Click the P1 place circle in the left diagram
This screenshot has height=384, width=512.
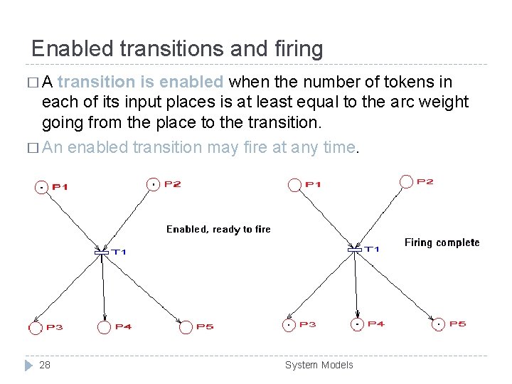click(x=43, y=187)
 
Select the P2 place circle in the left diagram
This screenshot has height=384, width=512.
click(x=153, y=184)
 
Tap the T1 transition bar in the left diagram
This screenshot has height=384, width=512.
click(x=102, y=252)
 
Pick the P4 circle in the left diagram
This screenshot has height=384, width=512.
click(x=105, y=327)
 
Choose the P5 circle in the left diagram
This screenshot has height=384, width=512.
click(x=186, y=327)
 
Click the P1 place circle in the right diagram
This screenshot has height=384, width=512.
click(x=294, y=185)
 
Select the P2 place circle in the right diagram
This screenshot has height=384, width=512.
click(x=406, y=182)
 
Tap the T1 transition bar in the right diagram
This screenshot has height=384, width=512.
click(x=355, y=250)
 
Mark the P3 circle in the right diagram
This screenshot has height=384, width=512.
click(x=289, y=325)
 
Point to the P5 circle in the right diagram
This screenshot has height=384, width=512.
click(x=439, y=324)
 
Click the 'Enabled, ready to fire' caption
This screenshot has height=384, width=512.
click(x=218, y=229)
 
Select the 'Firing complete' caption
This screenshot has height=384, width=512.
click(x=442, y=242)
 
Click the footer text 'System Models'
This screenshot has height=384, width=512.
click(x=319, y=365)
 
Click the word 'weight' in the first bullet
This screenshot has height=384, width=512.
click(x=442, y=102)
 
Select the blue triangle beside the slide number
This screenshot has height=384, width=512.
click(x=28, y=365)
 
